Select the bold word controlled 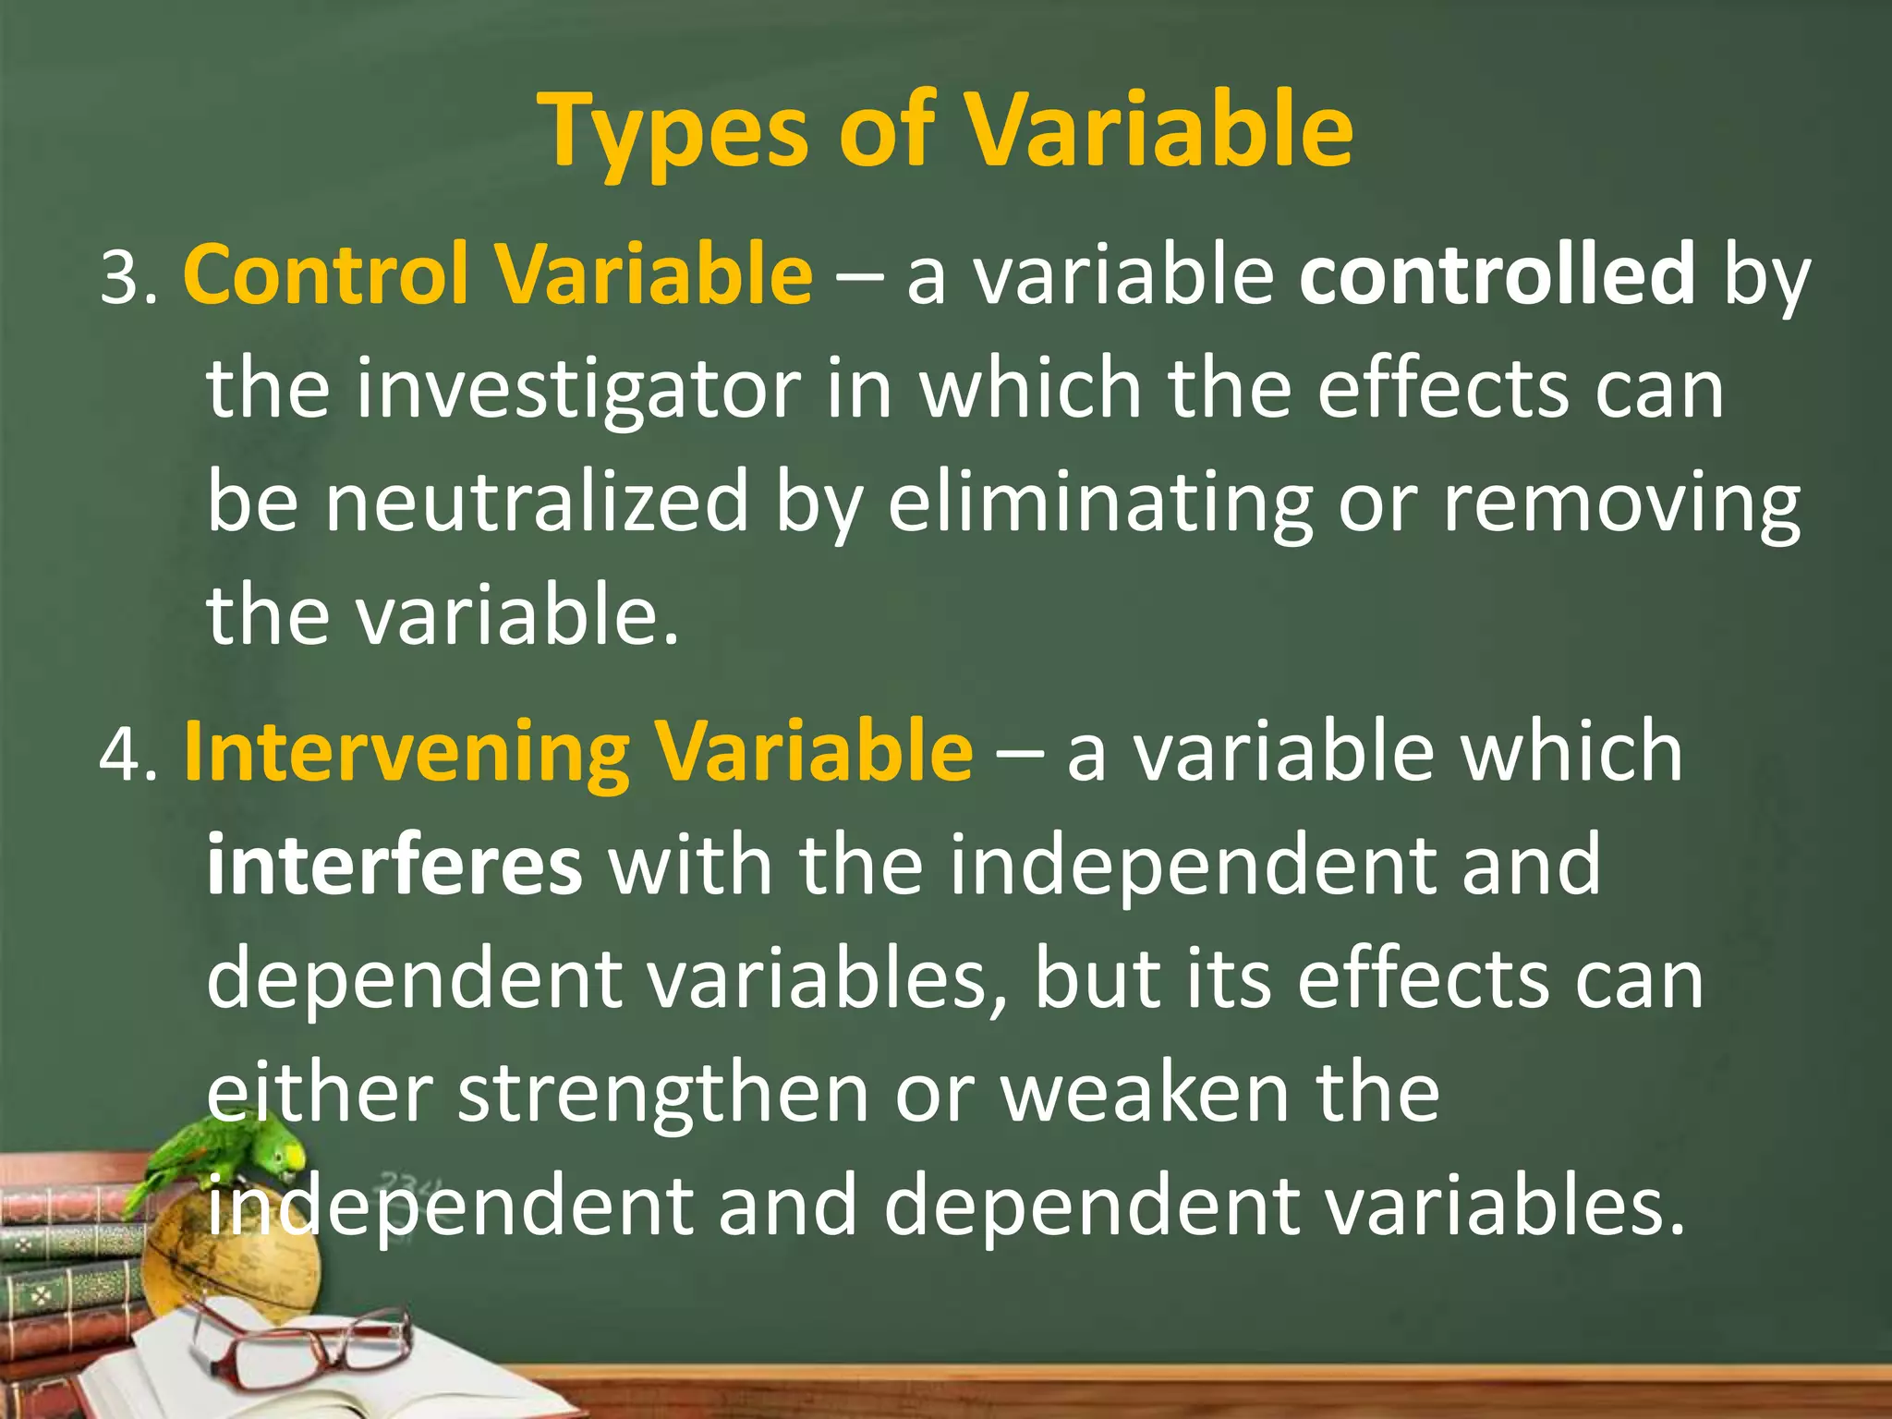pos(1497,273)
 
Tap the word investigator pos(577,389)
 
